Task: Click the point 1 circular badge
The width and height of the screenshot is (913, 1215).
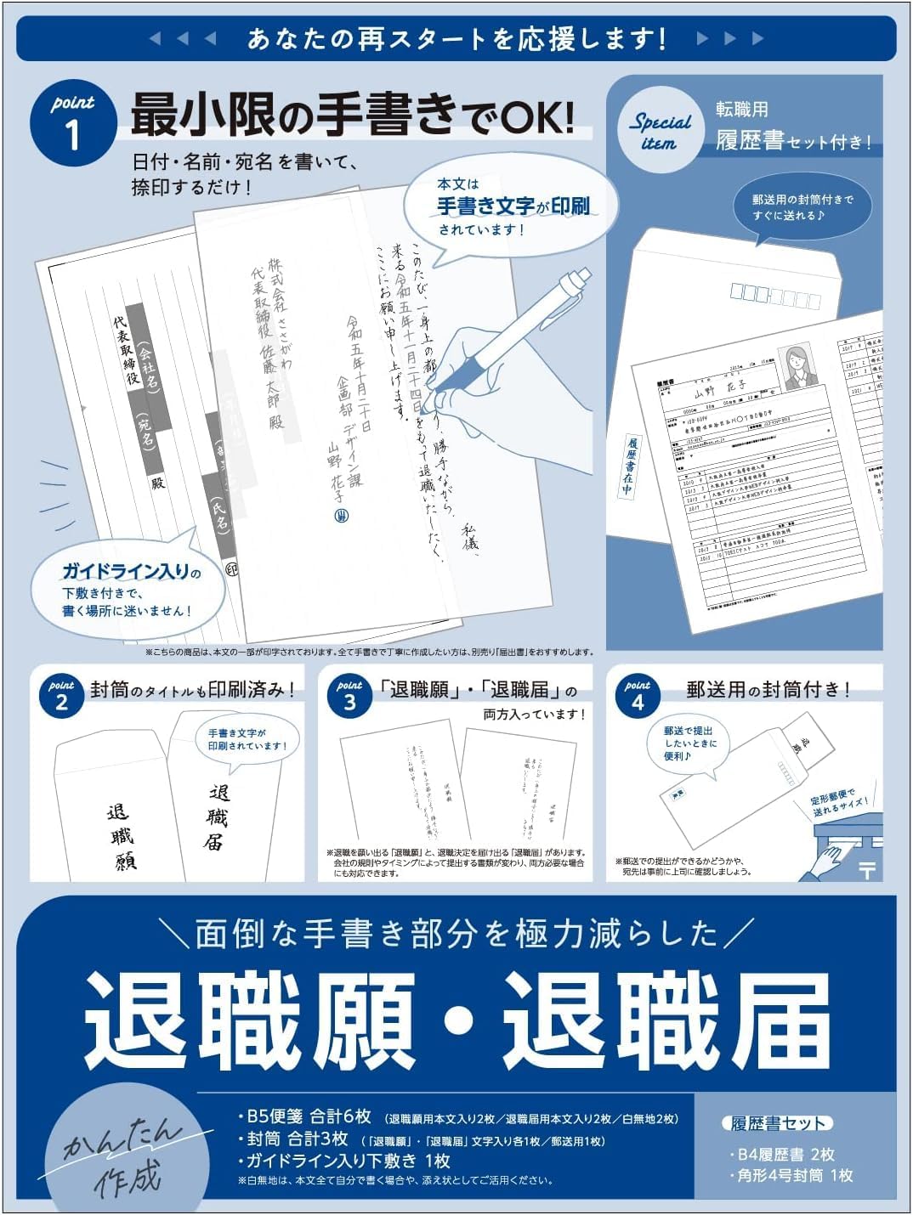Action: (73, 122)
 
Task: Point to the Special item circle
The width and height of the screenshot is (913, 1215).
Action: (661, 129)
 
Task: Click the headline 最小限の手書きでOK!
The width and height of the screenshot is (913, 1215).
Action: (352, 116)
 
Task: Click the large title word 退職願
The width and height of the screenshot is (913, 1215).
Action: (251, 1020)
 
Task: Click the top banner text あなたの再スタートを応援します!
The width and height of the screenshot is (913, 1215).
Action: (456, 39)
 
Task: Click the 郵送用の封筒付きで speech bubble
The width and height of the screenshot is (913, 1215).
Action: (802, 206)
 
